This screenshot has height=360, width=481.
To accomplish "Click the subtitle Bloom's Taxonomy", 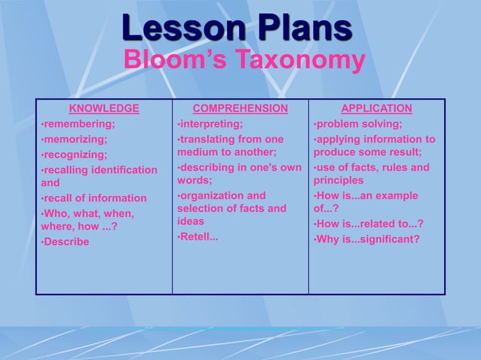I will coord(244,60).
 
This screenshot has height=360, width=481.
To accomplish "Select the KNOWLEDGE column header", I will coord(104,108).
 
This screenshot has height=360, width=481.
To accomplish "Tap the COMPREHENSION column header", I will coord(240,108).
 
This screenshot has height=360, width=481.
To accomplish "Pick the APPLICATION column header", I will coord(376,108).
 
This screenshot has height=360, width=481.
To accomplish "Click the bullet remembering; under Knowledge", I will coord(79,124).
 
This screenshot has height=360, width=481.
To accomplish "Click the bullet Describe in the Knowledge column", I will coord(66,242).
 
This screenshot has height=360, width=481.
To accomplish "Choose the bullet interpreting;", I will coord(211,124).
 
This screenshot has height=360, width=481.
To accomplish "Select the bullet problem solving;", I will coord(359,124).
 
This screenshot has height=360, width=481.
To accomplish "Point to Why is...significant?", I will coord(367,239).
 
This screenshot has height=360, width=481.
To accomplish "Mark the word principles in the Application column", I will coord(339,181).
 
